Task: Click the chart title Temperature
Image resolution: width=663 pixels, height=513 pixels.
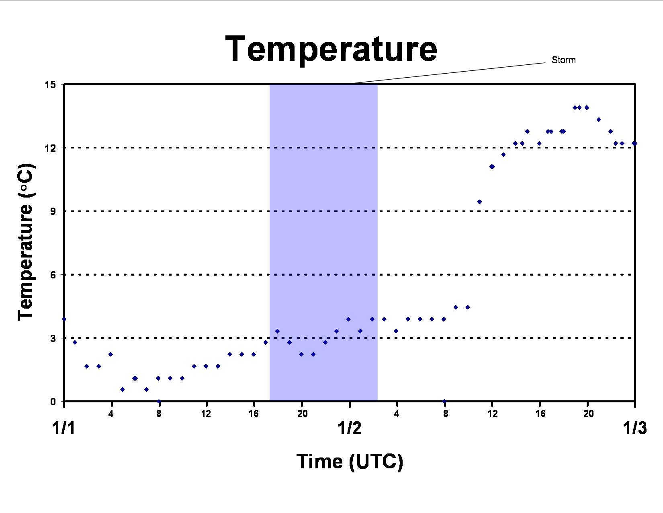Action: (x=331, y=49)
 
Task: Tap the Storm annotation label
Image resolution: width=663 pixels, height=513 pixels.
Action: (x=563, y=60)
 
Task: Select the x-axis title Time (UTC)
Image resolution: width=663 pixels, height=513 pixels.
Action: (x=350, y=461)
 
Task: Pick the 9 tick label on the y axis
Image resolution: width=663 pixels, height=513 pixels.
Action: (x=53, y=211)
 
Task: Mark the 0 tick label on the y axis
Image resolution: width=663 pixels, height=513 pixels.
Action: (x=53, y=402)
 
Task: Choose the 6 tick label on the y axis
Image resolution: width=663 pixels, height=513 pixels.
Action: (x=53, y=275)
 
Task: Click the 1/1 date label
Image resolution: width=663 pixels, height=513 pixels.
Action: (x=64, y=428)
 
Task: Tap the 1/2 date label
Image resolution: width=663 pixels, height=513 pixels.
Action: (x=349, y=428)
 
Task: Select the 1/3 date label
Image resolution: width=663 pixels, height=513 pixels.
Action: (x=634, y=428)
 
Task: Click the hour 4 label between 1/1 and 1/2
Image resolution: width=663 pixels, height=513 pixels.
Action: (x=111, y=414)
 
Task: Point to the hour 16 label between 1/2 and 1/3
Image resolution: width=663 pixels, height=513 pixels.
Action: (x=540, y=414)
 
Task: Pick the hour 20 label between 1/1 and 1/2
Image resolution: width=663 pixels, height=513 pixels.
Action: (x=302, y=414)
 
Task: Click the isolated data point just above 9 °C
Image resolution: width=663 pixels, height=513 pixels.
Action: (x=479, y=202)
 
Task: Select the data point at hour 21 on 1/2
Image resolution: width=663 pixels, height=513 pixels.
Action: (x=599, y=119)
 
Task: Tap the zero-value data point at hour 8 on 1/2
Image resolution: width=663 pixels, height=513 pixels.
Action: (x=444, y=401)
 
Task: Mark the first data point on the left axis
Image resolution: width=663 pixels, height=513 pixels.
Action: (x=64, y=319)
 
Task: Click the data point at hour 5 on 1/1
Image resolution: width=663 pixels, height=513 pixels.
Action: (x=122, y=389)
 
